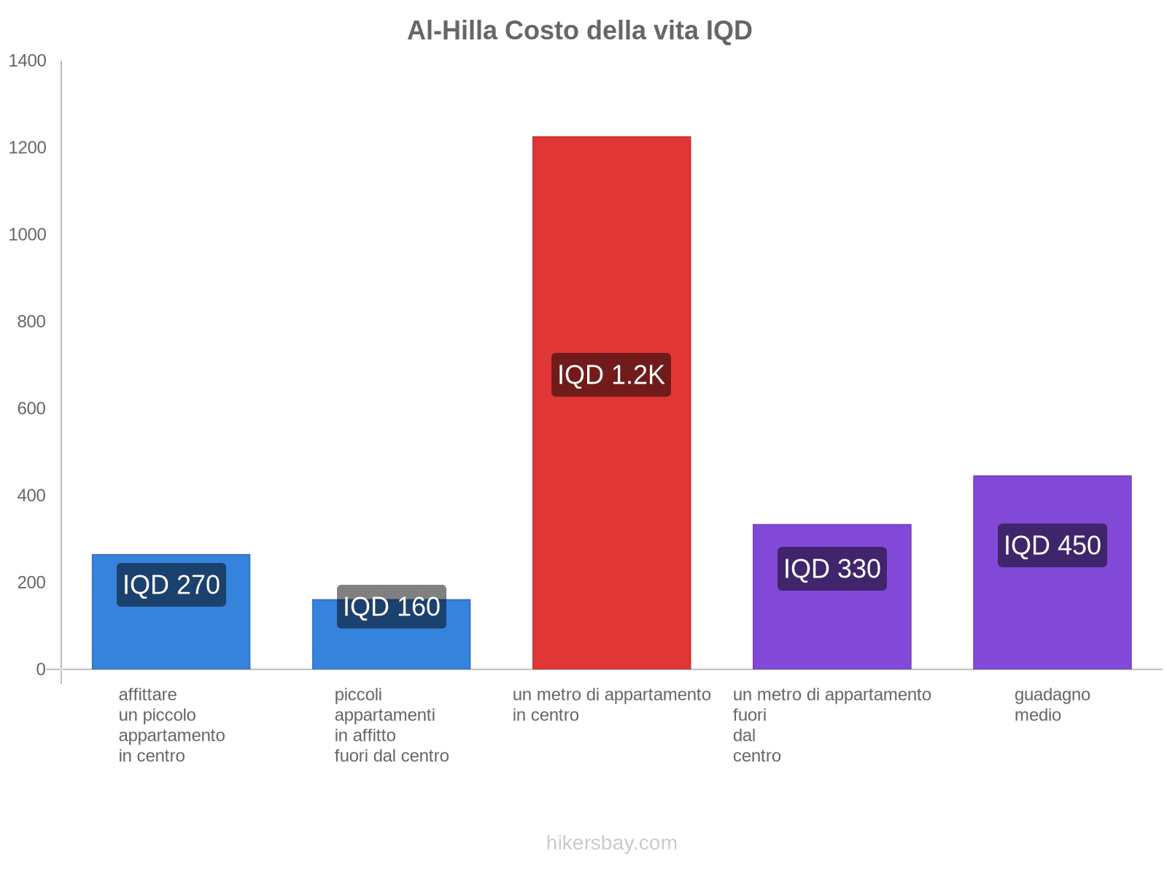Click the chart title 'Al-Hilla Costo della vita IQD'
579,31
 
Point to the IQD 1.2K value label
611,375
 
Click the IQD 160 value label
391,607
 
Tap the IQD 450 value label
1052,545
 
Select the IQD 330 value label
831,569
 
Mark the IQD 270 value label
171,585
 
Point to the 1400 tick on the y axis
28,61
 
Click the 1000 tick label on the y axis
28,235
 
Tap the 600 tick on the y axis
32,408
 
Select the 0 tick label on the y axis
41,669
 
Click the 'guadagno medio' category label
1052,704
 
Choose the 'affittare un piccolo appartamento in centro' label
171,725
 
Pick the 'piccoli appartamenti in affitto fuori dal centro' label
391,725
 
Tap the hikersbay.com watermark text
611,843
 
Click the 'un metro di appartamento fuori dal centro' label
831,725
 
